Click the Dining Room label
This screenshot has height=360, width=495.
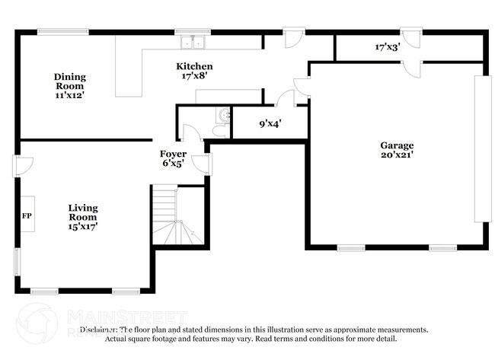point(69,77)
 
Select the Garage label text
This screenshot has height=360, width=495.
point(397,145)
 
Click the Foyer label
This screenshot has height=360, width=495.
point(173,154)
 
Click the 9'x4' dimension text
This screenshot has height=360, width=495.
point(270,123)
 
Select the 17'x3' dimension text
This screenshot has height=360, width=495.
point(388,47)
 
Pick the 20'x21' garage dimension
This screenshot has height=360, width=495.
point(397,155)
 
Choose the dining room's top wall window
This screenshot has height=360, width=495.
point(58,31)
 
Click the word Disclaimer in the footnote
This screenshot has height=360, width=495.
point(103,330)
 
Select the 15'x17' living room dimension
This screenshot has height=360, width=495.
point(83,226)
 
